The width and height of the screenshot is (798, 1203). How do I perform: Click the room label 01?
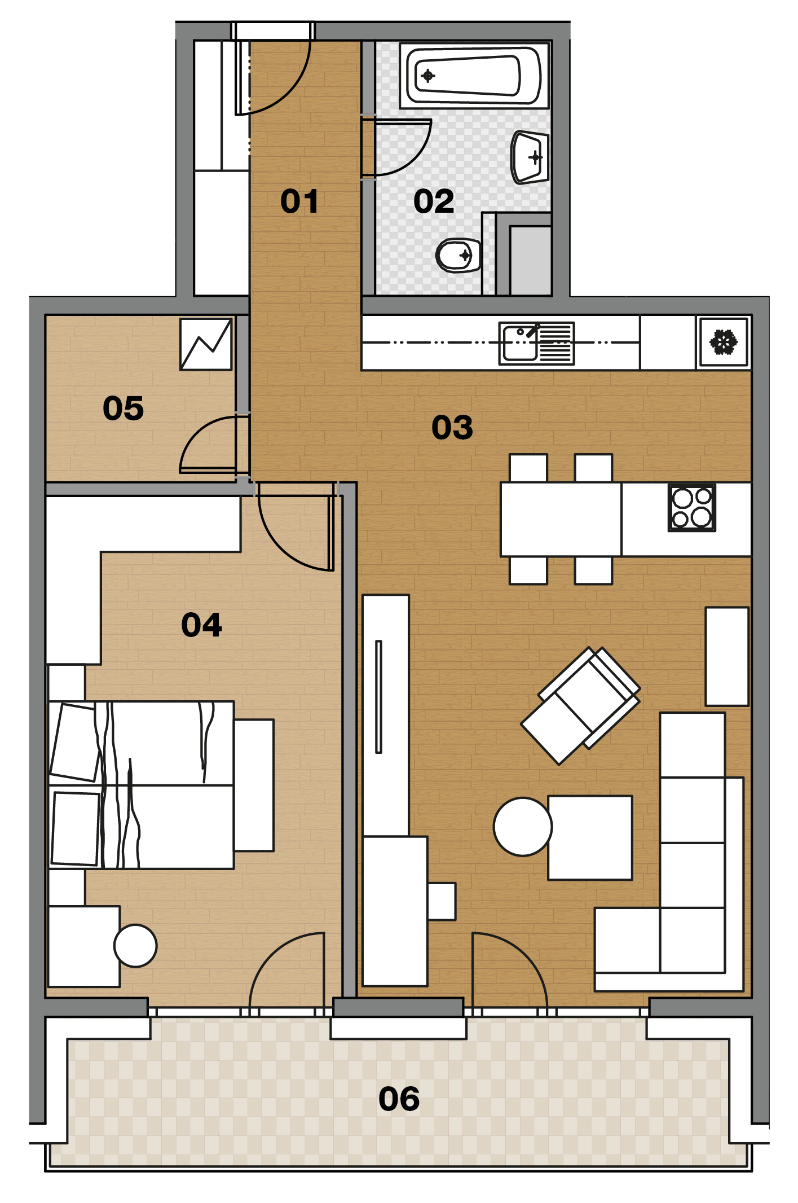(x=299, y=201)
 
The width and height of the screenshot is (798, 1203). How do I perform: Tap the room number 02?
(x=434, y=201)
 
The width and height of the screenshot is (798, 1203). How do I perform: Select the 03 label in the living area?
(x=452, y=427)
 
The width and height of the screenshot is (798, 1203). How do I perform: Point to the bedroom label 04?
(x=201, y=625)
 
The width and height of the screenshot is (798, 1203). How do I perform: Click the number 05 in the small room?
(x=123, y=408)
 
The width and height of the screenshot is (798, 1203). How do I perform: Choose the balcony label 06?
(x=399, y=1099)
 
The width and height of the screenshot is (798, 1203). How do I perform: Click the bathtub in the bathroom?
(x=474, y=76)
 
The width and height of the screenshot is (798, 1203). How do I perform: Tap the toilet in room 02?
(x=458, y=256)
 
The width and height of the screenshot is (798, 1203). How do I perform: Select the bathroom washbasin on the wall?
(x=530, y=157)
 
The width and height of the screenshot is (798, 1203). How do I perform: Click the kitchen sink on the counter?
(x=536, y=343)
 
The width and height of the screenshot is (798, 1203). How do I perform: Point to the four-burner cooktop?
(x=692, y=507)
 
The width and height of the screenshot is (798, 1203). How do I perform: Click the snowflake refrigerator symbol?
(x=724, y=343)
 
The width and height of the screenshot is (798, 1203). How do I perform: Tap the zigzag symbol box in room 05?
(x=206, y=344)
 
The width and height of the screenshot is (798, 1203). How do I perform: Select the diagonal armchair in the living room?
(x=581, y=705)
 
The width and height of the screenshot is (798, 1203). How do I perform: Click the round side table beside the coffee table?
(x=523, y=827)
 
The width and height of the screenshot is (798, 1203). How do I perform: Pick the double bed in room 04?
(x=141, y=785)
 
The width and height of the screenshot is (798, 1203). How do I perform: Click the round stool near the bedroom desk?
(x=135, y=946)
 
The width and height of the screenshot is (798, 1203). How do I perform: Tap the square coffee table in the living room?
(x=590, y=837)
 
